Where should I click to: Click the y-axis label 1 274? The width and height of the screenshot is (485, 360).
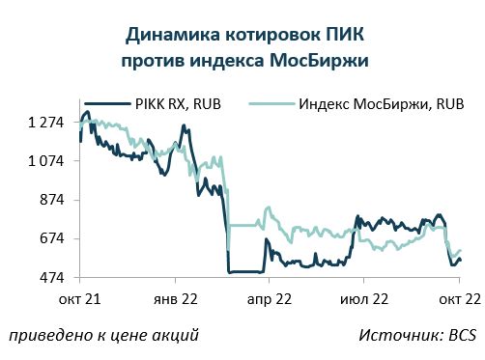point(46,123)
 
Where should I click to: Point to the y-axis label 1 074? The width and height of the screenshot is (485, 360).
point(46,161)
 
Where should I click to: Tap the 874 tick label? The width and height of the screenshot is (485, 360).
point(52,200)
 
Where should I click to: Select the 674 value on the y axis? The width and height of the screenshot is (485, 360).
point(52,238)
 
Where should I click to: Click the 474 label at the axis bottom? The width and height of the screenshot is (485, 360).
point(52,277)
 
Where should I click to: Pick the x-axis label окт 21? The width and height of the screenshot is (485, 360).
point(79,299)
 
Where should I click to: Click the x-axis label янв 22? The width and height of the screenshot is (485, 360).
point(176,299)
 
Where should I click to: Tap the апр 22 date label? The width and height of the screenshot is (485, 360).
point(270,300)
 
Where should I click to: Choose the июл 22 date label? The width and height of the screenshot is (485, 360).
point(364,299)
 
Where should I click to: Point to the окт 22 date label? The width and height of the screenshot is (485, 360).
point(460,299)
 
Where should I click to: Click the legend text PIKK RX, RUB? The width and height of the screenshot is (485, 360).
point(178,104)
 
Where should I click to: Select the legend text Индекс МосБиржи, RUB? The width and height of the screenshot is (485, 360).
point(382,104)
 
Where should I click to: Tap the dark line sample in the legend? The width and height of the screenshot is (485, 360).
point(107,104)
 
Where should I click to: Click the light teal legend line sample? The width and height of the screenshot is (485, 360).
point(272,104)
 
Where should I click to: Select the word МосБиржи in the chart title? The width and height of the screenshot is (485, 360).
point(319,61)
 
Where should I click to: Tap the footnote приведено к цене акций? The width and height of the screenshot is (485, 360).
point(103,336)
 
